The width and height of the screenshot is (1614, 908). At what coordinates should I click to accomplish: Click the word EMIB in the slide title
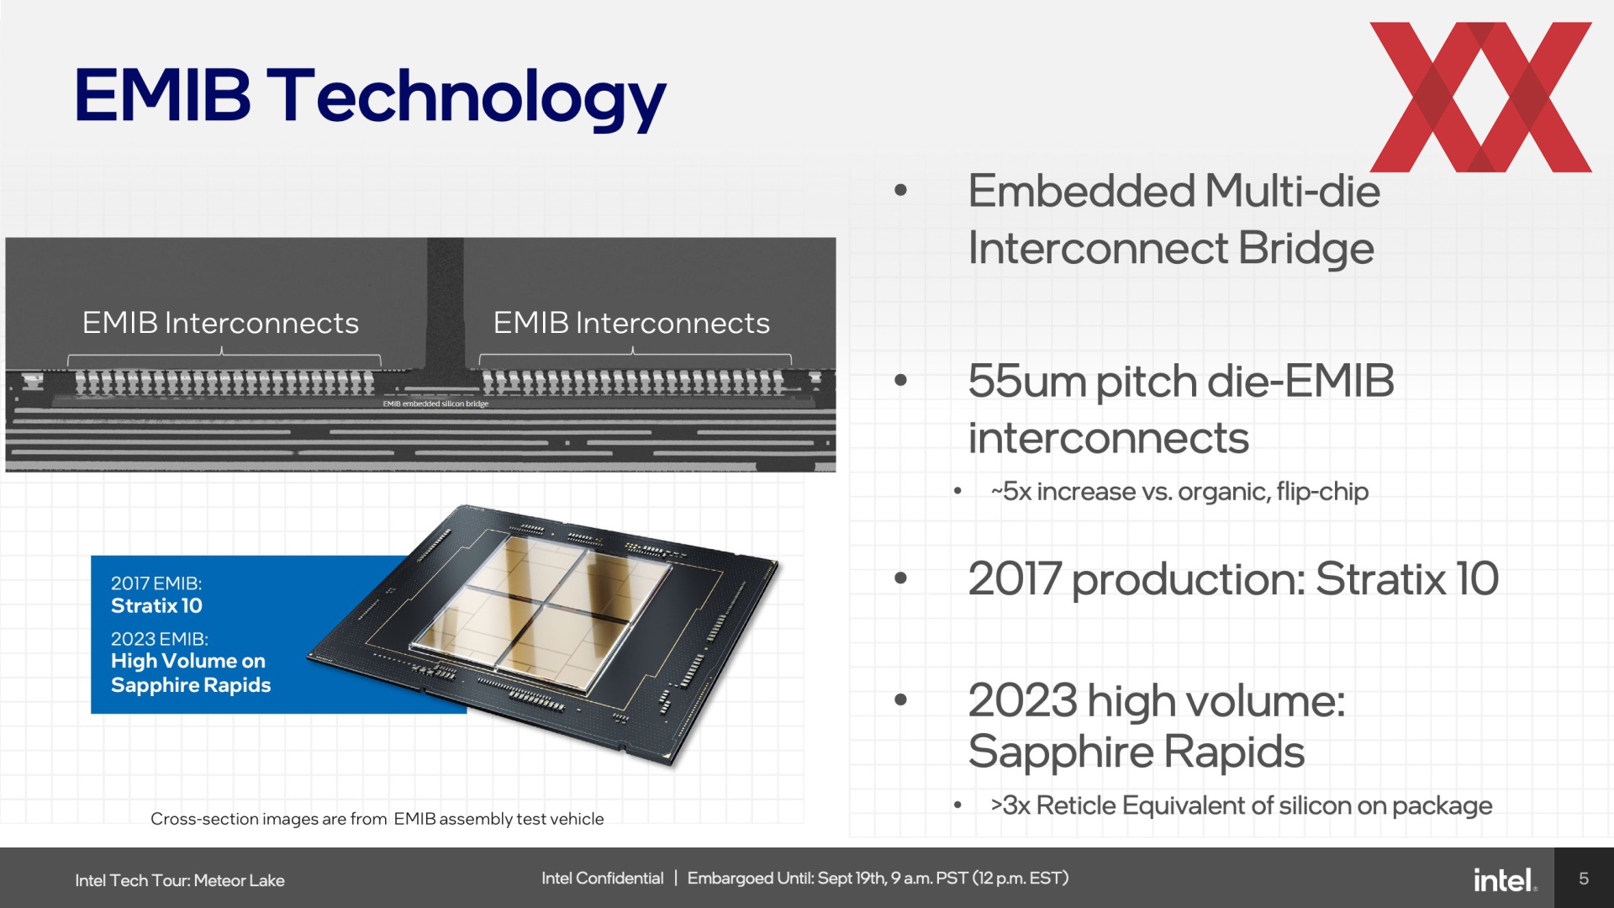163,94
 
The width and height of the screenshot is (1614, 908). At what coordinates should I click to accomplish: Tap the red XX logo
1480,97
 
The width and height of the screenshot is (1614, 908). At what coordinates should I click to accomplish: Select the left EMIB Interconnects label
220,323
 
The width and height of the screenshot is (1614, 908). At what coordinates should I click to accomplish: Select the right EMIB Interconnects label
631,323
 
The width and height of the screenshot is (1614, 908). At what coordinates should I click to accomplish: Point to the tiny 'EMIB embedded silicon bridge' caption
435,404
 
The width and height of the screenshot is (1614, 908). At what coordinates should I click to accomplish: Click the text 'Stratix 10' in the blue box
156,605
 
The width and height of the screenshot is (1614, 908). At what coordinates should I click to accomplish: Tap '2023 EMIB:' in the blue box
160,639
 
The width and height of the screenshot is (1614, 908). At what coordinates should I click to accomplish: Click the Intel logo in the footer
1505,879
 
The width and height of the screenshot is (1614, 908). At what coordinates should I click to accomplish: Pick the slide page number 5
1584,879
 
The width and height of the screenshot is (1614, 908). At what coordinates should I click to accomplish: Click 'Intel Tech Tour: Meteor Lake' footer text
180,880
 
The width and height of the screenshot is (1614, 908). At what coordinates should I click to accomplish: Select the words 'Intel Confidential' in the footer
603,879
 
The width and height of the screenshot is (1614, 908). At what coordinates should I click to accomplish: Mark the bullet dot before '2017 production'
901,578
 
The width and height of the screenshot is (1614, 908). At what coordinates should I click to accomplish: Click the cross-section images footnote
377,819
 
